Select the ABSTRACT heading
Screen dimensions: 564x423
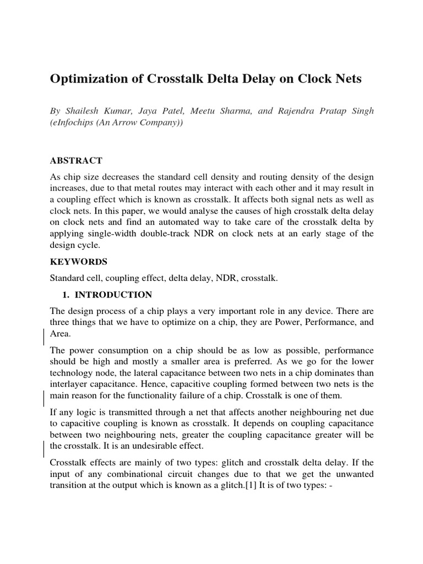click(76, 161)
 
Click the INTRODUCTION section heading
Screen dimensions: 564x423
click(114, 295)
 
